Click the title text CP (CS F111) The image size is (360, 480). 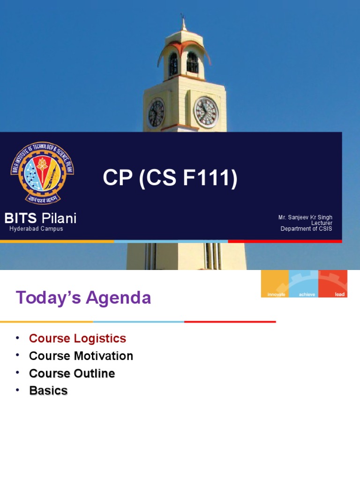(x=170, y=179)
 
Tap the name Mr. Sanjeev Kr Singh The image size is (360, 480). (x=305, y=217)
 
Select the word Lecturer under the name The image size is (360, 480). (x=322, y=223)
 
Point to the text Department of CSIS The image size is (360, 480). (x=306, y=229)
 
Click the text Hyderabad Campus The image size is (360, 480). (x=36, y=229)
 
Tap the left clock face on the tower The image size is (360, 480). (x=156, y=113)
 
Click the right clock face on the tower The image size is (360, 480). (x=206, y=112)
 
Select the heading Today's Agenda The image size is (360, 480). (x=83, y=298)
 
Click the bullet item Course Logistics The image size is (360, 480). (x=77, y=338)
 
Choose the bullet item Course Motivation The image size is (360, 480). (x=81, y=356)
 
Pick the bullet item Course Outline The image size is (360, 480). (x=72, y=373)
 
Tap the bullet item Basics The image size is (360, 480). (x=48, y=390)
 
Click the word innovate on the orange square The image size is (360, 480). (x=276, y=294)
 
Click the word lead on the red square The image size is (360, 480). (x=339, y=294)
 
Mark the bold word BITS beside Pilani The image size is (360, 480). (x=20, y=218)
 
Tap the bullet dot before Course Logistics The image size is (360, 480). (x=17, y=338)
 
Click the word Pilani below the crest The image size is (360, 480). (x=59, y=218)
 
